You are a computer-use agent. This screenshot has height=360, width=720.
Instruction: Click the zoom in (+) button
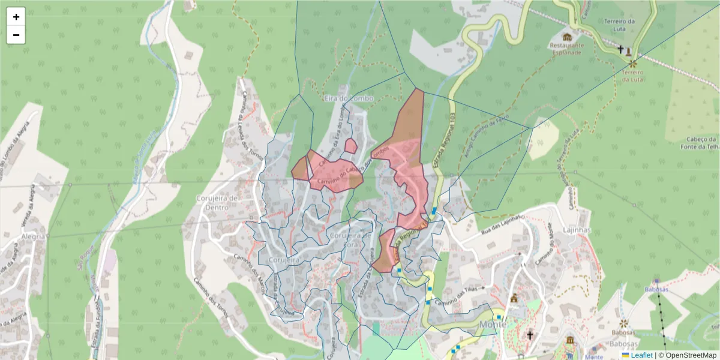coord(16,17)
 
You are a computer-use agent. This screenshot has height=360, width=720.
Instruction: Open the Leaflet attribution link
coord(641,355)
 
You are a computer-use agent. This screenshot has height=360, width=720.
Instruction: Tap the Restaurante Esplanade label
coord(566,49)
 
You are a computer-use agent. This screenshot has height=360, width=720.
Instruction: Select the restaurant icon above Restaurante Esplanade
coord(567,37)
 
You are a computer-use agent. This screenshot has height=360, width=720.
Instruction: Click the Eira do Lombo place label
coord(348,98)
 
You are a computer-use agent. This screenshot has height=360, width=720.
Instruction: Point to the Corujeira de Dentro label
coord(218,203)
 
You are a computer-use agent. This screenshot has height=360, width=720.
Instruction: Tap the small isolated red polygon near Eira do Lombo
coord(350,146)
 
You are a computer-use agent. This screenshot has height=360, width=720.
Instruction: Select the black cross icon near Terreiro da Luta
coord(620,49)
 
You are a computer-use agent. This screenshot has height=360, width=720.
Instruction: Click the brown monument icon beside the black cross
coord(628,50)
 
